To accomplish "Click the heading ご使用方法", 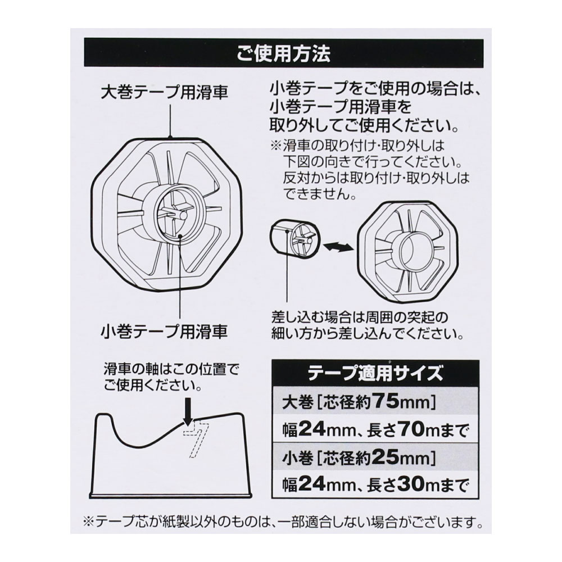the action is click(x=283, y=53).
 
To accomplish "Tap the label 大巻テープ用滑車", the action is click(x=165, y=93).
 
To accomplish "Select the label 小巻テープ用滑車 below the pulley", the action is click(x=165, y=332).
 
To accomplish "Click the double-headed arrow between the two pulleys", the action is click(x=337, y=246).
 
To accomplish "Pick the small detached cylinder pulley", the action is click(x=293, y=237).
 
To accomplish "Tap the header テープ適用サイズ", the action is click(x=375, y=373).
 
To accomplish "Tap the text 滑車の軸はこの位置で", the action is click(x=171, y=369).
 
